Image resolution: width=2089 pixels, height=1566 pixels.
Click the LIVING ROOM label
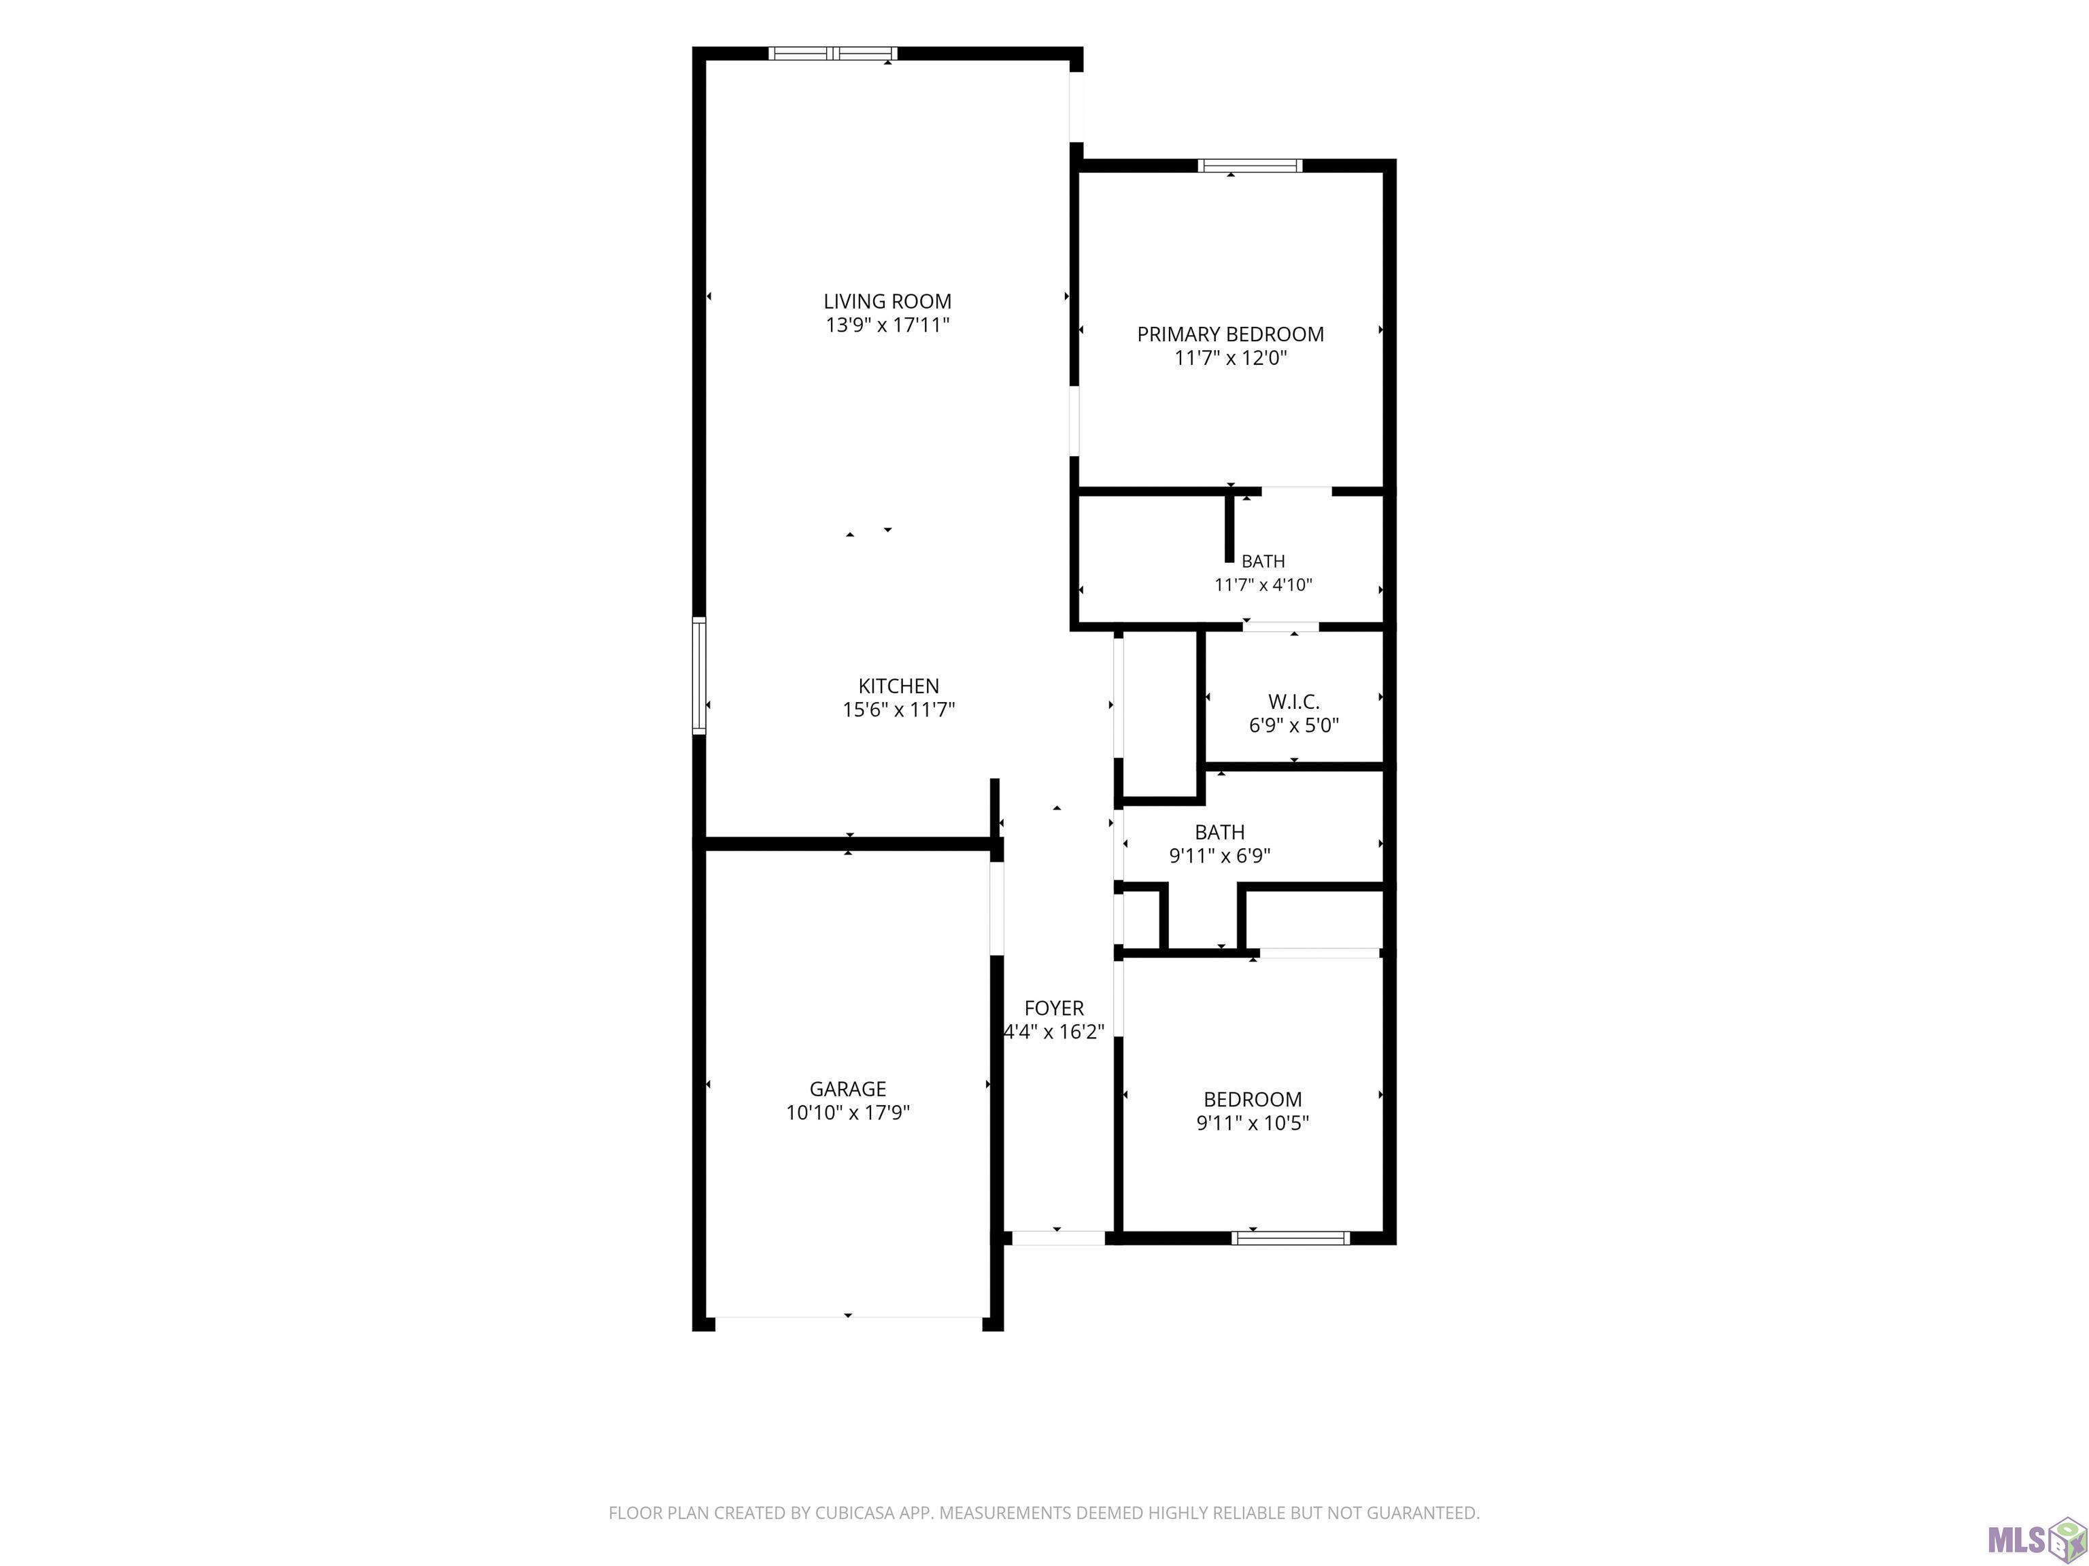[x=887, y=301]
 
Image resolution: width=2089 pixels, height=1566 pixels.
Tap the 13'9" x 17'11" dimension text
[x=887, y=325]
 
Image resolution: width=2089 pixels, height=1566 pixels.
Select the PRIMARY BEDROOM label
[x=1231, y=334]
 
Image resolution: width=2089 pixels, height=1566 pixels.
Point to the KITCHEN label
[x=898, y=686]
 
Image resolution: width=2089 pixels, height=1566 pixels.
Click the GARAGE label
[x=847, y=1088]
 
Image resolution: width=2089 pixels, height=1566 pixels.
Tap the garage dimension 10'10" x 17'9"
[x=847, y=1112]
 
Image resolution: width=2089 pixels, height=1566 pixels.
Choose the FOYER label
[x=1054, y=1008]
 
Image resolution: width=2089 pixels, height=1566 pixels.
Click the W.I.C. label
[x=1294, y=702]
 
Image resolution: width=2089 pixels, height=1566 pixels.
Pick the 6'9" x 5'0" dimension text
[x=1294, y=726]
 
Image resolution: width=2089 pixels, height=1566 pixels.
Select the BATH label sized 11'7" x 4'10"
[x=1263, y=561]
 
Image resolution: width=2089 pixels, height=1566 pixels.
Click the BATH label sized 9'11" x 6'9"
[x=1219, y=833]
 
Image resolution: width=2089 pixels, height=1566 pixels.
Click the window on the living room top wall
[x=832, y=54]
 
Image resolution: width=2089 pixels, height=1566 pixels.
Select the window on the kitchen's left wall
[x=699, y=675]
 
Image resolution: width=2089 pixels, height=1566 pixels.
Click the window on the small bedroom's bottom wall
[x=1290, y=1238]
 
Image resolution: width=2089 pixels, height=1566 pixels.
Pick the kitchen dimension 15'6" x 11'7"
[x=898, y=710]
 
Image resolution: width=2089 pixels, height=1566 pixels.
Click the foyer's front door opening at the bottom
[x=1057, y=1238]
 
